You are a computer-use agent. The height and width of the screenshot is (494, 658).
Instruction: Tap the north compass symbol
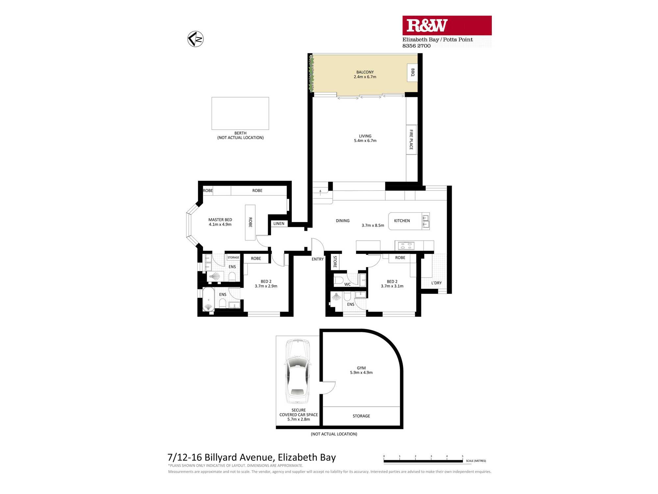point(195,39)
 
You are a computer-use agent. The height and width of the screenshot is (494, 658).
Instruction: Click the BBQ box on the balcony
point(412,72)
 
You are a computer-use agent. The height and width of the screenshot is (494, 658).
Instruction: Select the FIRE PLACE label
point(411,140)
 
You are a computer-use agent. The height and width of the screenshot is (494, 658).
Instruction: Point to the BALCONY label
point(365,72)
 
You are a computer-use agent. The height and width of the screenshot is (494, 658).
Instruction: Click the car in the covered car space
point(298,371)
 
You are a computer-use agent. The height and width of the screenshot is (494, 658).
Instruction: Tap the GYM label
point(361,368)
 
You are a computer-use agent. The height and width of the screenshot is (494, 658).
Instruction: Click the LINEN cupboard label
point(279,224)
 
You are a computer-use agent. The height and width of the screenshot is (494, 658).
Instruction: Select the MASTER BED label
point(220,220)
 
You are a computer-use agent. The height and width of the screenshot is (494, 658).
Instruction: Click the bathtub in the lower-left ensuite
point(208,299)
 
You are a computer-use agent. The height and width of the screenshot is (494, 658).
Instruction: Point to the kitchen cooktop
point(406,246)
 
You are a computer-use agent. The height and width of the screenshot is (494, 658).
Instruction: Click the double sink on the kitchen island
point(425,221)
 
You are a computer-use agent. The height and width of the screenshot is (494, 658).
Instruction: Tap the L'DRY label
point(437,283)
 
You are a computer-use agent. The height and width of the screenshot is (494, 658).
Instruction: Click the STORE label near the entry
point(335,261)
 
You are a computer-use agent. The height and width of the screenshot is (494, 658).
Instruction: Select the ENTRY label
point(317,259)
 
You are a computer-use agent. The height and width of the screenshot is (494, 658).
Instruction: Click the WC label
point(347,285)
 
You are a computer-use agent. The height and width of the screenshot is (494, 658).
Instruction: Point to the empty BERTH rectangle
point(240,113)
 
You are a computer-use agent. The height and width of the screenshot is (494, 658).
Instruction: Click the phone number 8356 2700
point(417,46)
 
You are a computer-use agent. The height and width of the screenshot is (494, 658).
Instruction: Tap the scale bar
point(423,461)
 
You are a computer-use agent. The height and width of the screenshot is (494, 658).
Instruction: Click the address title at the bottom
point(252,457)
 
